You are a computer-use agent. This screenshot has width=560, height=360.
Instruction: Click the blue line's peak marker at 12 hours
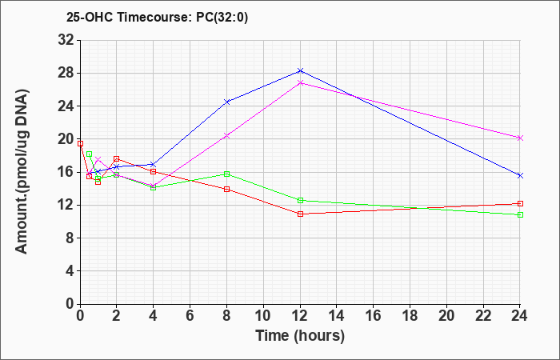point(300,70)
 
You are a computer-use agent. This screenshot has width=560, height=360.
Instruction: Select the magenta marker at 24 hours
point(520,138)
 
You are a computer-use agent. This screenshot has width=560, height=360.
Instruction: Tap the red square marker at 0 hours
point(80,143)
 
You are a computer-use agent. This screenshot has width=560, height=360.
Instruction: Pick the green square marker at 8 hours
point(226,174)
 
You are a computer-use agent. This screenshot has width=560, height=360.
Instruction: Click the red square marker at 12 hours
point(300,214)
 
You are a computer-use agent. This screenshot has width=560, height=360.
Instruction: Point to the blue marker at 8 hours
point(226,102)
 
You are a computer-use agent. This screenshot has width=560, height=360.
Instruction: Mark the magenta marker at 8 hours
point(226,136)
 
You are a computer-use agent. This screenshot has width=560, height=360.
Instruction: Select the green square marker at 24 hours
point(520,214)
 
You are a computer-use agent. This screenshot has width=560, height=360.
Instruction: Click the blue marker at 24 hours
point(520,175)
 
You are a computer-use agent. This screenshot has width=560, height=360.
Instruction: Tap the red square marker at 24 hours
point(520,203)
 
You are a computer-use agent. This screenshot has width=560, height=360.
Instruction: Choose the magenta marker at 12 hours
point(300,83)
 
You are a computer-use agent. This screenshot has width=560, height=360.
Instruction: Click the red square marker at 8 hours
point(226,189)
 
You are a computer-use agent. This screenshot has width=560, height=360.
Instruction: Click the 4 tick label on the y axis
point(70,270)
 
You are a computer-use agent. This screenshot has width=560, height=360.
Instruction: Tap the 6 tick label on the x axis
point(190,316)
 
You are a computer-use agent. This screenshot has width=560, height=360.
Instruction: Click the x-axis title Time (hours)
point(300,336)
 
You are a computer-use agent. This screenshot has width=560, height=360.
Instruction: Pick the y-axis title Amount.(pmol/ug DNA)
point(22,171)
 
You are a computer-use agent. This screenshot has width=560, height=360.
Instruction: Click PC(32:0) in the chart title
point(222,17)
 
